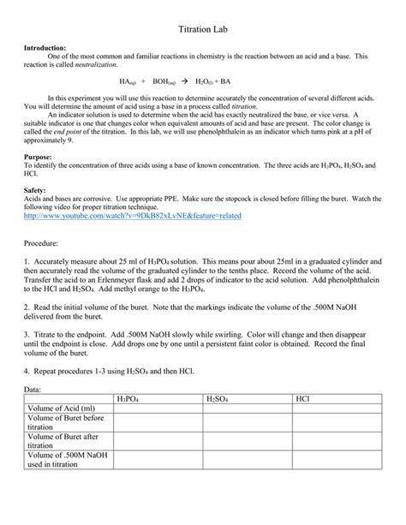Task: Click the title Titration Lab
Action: pos(202,28)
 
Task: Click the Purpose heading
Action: pos(40,158)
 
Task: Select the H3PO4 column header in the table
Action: pos(127,398)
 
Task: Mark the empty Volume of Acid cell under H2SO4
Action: pos(247,409)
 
